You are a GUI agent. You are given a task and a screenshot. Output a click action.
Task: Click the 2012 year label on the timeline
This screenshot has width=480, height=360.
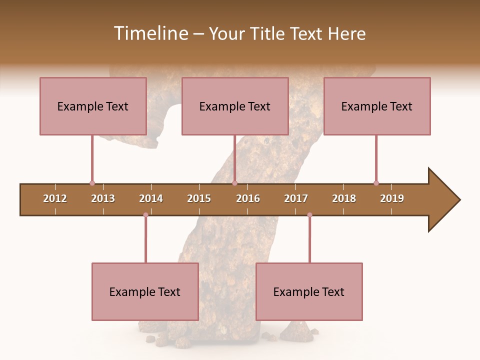point(55,198)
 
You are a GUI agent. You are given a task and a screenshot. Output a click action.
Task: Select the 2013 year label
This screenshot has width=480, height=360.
point(103,198)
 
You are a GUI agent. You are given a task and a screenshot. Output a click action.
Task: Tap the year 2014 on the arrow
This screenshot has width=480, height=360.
point(151,198)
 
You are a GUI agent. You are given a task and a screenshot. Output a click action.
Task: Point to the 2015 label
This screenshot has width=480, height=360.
point(199,198)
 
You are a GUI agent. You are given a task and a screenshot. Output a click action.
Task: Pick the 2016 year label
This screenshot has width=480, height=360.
point(248,198)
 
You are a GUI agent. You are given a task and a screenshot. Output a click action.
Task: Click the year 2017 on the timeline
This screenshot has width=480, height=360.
point(296,198)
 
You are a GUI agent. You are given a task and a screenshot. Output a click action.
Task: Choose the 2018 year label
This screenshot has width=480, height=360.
point(344,198)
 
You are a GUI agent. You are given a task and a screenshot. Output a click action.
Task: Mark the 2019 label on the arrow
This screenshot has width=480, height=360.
point(392,198)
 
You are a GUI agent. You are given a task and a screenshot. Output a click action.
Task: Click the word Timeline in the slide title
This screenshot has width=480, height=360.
point(150,33)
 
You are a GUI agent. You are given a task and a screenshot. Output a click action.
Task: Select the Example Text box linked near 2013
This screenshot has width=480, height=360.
point(93,106)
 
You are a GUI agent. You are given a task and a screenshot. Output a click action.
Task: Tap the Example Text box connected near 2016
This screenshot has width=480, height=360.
point(235,106)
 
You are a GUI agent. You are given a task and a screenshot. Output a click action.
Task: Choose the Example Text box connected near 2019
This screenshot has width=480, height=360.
point(377,106)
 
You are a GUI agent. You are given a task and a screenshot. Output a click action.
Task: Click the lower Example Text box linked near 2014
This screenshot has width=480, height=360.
point(145,291)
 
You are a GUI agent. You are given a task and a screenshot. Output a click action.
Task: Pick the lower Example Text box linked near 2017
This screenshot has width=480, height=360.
point(309,291)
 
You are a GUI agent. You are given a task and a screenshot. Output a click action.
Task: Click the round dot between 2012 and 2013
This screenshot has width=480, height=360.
point(92,183)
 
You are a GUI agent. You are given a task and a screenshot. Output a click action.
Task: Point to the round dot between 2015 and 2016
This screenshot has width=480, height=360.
point(234,183)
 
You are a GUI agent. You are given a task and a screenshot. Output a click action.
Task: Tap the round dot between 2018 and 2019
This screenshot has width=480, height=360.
point(376,183)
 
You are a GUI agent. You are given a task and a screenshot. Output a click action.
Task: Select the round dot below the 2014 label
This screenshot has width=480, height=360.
point(145,215)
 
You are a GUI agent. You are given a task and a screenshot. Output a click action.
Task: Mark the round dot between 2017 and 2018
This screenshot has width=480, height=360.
point(309,215)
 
